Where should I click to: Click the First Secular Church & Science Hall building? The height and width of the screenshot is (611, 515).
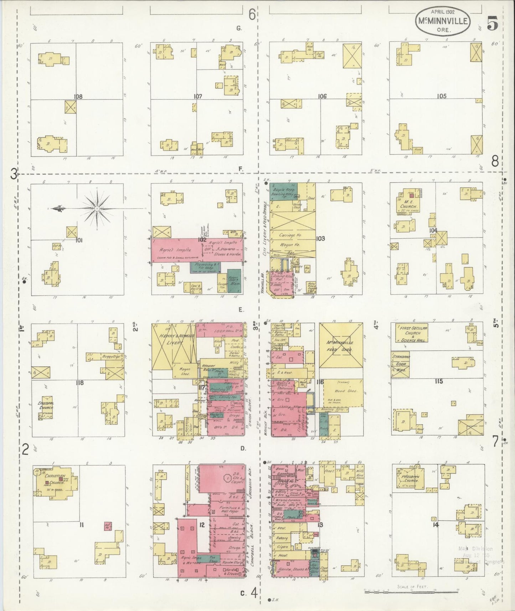coord(410,333)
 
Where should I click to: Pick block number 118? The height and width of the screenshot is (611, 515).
coord(79,383)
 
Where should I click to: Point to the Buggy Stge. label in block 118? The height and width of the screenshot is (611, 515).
coord(112,356)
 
